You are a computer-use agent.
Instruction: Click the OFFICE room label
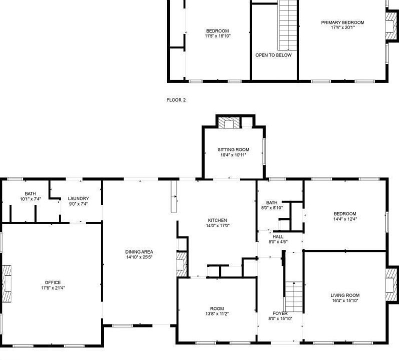coord(52,282)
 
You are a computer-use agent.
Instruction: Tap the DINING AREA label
coord(139,251)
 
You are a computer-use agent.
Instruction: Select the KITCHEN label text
coord(217,220)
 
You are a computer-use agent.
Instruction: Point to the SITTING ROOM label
coord(233,149)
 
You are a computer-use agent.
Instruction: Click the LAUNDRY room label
coord(78,198)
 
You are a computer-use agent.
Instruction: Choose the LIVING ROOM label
coord(345,295)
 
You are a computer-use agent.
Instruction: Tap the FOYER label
coord(280,313)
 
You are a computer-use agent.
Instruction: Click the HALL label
coord(278,236)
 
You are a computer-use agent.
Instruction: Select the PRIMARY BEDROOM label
coord(342,22)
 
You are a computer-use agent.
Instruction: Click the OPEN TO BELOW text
coord(273,55)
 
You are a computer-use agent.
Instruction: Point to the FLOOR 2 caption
coord(176,100)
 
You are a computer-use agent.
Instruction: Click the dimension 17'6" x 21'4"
coord(52,288)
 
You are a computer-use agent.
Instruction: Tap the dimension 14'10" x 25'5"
coord(139,257)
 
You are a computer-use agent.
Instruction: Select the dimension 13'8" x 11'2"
coord(217,313)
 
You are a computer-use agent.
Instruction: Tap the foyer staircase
coord(294,296)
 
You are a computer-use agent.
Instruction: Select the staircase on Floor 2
coord(288,25)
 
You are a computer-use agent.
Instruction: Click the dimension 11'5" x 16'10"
coord(217,36)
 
